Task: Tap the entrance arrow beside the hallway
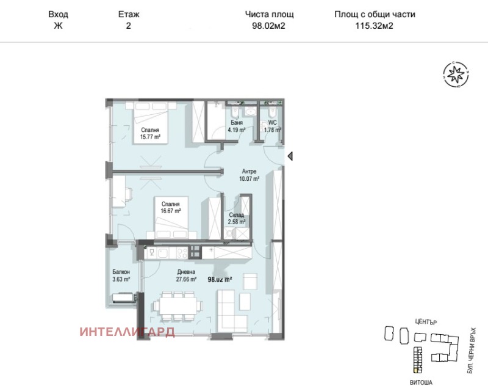[290, 156]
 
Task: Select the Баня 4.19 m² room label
[237, 126]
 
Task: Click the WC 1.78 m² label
[272, 126]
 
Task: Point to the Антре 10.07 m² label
[249, 175]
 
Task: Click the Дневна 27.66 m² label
[186, 276]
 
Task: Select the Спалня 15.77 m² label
[150, 134]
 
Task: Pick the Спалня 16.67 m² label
[170, 207]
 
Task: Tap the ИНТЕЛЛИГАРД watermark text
[127, 332]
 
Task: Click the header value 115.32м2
[375, 26]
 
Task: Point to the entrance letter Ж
[58, 26]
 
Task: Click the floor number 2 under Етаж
[128, 26]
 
